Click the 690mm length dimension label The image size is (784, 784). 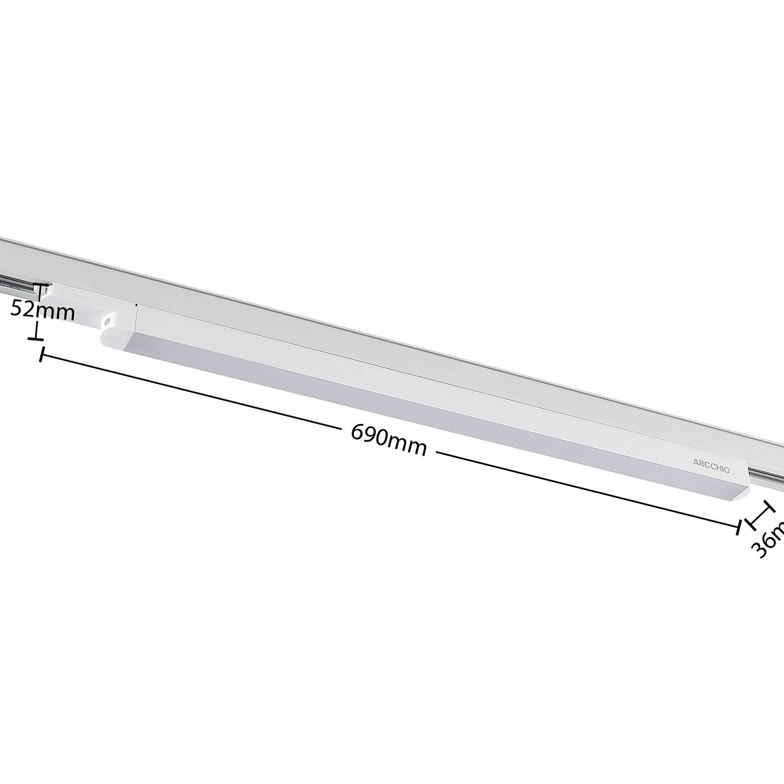click(x=389, y=440)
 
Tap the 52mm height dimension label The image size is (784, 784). click(x=43, y=310)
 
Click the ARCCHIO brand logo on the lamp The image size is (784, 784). click(x=711, y=465)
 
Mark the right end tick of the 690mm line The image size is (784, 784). click(x=738, y=527)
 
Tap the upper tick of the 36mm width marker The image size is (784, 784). click(x=767, y=506)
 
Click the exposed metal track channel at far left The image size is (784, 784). click(x=15, y=284)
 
